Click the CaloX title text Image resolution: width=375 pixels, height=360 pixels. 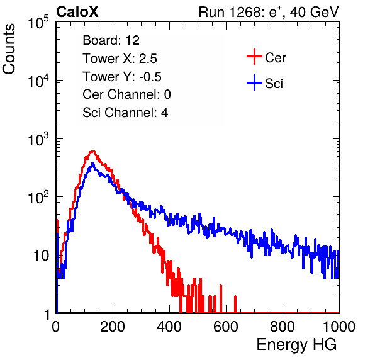77,12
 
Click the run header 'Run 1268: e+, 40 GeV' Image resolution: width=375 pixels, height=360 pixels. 269,12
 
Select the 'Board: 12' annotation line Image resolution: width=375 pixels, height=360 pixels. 111,40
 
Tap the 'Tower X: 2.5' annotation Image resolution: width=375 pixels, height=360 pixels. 120,59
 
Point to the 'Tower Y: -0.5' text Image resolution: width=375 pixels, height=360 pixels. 122,77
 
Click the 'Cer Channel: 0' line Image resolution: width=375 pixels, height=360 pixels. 126,94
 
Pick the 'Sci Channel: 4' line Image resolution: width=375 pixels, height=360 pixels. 125,113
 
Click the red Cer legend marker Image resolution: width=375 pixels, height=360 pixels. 254,57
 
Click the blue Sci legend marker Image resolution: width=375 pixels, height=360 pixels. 254,83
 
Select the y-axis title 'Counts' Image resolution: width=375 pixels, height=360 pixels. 9,49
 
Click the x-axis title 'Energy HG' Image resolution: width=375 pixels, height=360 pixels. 297,345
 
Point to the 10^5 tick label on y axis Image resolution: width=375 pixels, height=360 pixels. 38,23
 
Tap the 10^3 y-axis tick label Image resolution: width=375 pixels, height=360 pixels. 38,139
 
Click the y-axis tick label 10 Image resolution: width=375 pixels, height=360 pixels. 42,256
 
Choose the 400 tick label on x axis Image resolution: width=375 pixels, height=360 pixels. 169,327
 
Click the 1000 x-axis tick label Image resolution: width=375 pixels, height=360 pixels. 339,327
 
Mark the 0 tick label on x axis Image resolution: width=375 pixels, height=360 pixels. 56,327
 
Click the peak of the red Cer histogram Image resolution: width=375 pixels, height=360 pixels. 92,151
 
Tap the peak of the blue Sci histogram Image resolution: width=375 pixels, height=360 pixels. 92,164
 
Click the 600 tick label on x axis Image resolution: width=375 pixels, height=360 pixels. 226,327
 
